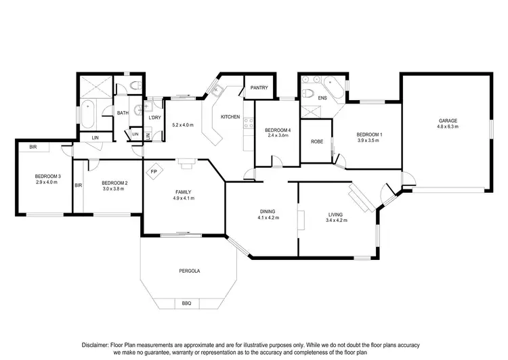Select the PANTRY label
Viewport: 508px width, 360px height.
[x=259, y=87]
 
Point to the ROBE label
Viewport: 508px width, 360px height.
[x=316, y=141]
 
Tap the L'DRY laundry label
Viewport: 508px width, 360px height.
[x=154, y=118]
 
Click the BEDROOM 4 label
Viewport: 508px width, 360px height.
[x=278, y=130]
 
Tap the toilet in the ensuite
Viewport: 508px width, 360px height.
[x=308, y=93]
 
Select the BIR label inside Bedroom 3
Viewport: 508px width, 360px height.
[x=33, y=146]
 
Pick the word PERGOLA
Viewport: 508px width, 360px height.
[x=190, y=271]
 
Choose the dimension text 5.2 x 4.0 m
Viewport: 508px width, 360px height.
[x=183, y=125]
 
